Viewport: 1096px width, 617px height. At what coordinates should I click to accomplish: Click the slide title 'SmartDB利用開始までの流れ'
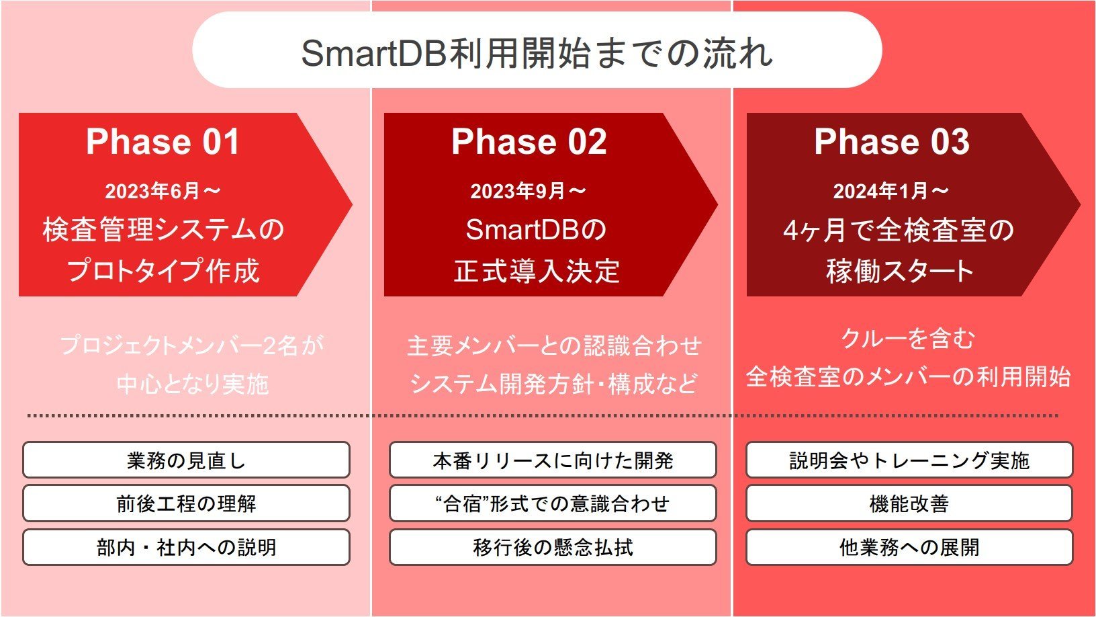click(x=537, y=53)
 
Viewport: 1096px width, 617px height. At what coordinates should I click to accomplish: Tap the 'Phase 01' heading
click(x=163, y=142)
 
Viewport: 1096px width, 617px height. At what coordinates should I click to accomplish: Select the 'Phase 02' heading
click(x=529, y=142)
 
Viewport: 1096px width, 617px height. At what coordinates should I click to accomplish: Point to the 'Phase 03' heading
click(x=891, y=142)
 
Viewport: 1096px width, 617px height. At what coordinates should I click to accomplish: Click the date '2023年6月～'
click(x=163, y=191)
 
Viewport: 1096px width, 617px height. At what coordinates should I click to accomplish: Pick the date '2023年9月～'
click(x=529, y=191)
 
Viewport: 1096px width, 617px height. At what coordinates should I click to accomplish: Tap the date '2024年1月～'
click(x=891, y=191)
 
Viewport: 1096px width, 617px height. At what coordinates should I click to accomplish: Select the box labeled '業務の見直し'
click(x=187, y=460)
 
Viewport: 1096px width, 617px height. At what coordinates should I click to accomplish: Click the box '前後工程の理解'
click(x=187, y=503)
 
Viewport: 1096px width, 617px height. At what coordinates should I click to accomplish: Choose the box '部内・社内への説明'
click(x=187, y=547)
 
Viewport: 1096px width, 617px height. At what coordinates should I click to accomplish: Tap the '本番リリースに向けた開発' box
click(x=553, y=460)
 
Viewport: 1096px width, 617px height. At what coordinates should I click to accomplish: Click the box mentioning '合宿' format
click(x=553, y=503)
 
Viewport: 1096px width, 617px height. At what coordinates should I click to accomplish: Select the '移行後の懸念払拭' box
click(x=553, y=547)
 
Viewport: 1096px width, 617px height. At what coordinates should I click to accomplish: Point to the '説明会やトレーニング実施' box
click(x=909, y=460)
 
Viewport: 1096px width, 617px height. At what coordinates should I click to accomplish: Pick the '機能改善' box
click(x=909, y=503)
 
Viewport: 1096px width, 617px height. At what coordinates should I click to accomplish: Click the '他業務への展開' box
click(x=909, y=547)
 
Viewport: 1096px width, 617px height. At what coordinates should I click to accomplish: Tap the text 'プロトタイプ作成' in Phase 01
click(x=163, y=270)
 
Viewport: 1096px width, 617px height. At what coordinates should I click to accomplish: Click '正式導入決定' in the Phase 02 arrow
click(x=537, y=271)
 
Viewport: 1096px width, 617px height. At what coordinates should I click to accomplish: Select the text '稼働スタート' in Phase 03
click(x=900, y=271)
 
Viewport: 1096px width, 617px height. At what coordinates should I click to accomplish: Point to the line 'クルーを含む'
click(x=909, y=338)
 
